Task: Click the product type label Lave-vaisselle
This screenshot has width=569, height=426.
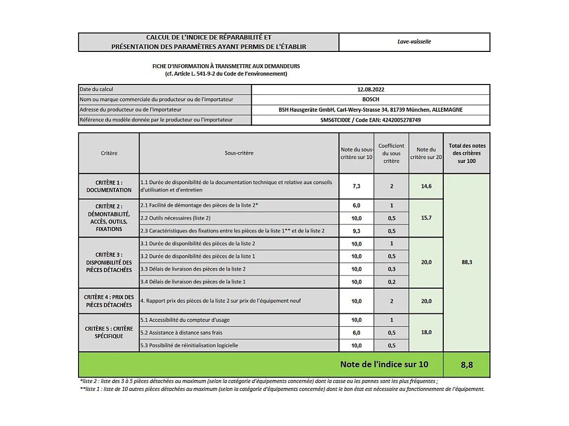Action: click(x=414, y=42)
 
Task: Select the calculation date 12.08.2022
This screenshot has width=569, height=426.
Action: click(x=371, y=89)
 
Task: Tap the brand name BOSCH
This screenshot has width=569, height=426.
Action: click(x=371, y=99)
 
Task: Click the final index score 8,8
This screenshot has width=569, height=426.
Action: click(x=466, y=365)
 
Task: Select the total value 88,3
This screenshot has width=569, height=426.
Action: click(x=466, y=262)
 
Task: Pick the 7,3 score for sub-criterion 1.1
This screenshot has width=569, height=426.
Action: click(x=356, y=186)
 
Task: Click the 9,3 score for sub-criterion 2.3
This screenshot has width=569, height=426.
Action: click(x=356, y=231)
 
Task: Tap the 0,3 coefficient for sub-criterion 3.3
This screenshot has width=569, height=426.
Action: click(x=391, y=269)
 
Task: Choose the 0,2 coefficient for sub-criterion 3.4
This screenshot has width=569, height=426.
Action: click(x=391, y=282)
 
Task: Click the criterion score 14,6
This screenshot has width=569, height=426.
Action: click(x=426, y=186)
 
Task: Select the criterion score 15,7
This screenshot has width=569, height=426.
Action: click(x=426, y=218)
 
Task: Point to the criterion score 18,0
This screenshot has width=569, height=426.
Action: click(x=426, y=333)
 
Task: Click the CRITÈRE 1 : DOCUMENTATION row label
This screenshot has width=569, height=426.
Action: click(x=109, y=186)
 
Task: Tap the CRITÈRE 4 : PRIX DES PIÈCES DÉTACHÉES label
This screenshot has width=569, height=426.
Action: click(x=109, y=301)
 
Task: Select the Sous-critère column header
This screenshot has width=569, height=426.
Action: click(x=239, y=153)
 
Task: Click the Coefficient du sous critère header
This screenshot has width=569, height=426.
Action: click(x=391, y=153)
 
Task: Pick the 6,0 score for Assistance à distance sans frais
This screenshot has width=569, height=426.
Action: click(x=356, y=333)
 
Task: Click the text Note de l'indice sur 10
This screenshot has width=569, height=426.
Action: click(x=384, y=365)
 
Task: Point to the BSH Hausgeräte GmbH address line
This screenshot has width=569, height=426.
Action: click(x=371, y=110)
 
